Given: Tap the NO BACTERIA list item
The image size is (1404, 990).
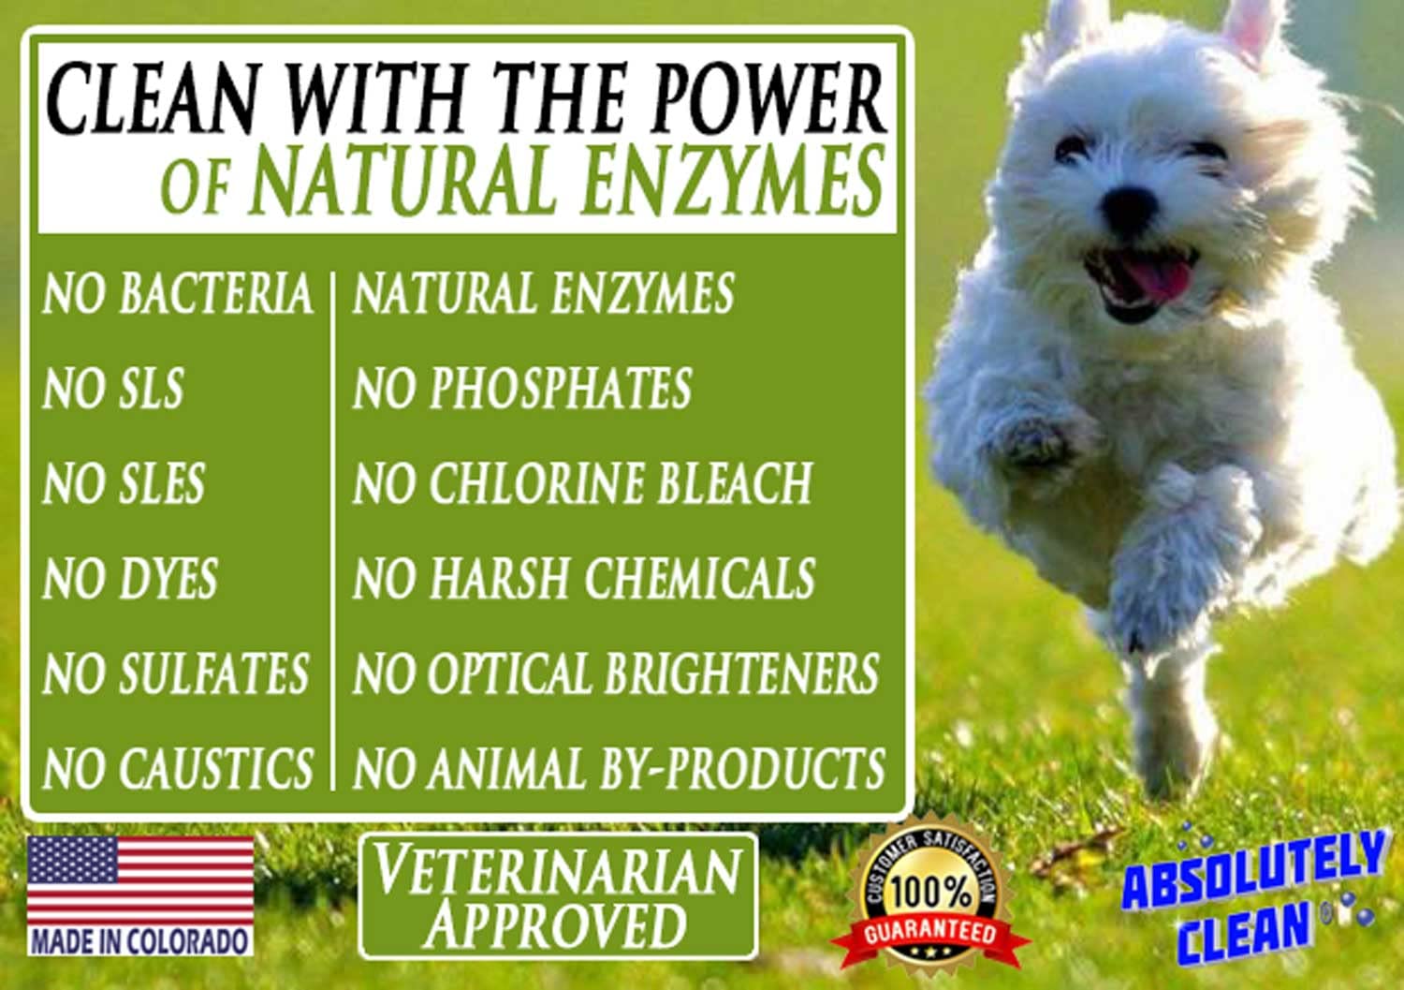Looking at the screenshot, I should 177,293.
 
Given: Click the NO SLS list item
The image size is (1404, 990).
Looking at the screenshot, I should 113,389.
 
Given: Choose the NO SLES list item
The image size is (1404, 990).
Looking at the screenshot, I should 124,484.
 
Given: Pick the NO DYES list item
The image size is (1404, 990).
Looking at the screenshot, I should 130,579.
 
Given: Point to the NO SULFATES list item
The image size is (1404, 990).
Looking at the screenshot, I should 176,673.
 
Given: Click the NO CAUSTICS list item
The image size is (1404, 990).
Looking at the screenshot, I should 178,768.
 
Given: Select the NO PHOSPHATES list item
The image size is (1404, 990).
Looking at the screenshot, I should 522,389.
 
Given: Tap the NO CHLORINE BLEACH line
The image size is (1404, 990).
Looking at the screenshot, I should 582,484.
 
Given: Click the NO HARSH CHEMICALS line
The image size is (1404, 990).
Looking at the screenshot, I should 584,579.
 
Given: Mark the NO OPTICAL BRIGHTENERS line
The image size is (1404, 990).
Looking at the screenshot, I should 616,673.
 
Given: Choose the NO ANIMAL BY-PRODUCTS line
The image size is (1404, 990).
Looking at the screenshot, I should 619,768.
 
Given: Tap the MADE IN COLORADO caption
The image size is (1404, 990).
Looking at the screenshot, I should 140,940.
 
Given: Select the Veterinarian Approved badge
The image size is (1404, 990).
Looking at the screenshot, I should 558,896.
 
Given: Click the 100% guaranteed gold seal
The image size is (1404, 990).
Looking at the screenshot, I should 929,894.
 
